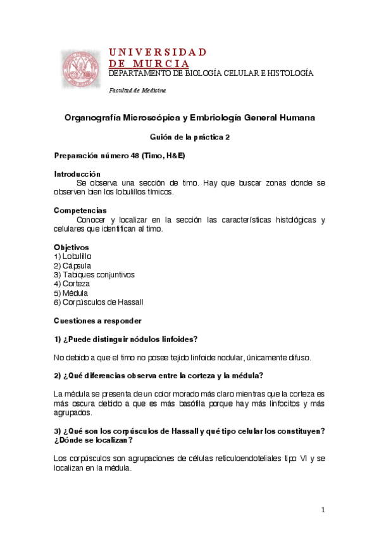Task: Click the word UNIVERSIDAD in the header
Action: (158, 52)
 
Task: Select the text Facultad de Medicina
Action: (137, 91)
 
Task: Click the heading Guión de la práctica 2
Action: (189, 137)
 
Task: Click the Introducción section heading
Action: (77, 174)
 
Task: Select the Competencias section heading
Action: (80, 210)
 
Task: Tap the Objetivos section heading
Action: (71, 247)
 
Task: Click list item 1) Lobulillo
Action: (73, 256)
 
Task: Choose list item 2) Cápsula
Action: (72, 265)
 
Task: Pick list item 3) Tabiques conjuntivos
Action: (94, 275)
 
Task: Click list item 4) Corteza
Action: (71, 284)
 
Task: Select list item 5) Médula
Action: (71, 293)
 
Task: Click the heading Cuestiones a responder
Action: (97, 320)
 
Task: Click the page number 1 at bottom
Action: (323, 510)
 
